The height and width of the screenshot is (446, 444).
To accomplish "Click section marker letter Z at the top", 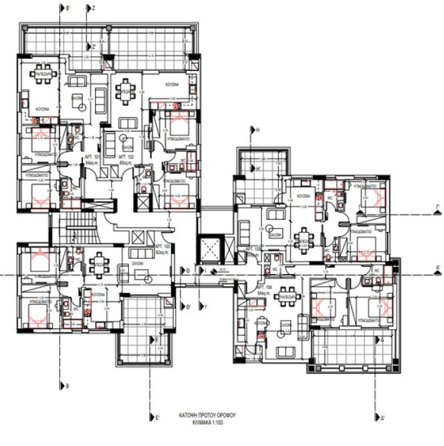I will [x=94, y=9].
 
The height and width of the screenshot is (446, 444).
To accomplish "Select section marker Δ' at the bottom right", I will [x=381, y=418].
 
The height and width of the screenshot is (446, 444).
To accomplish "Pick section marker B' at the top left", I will [x=65, y=9].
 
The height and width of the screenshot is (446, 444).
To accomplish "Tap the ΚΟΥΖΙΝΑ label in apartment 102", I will [x=176, y=86].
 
